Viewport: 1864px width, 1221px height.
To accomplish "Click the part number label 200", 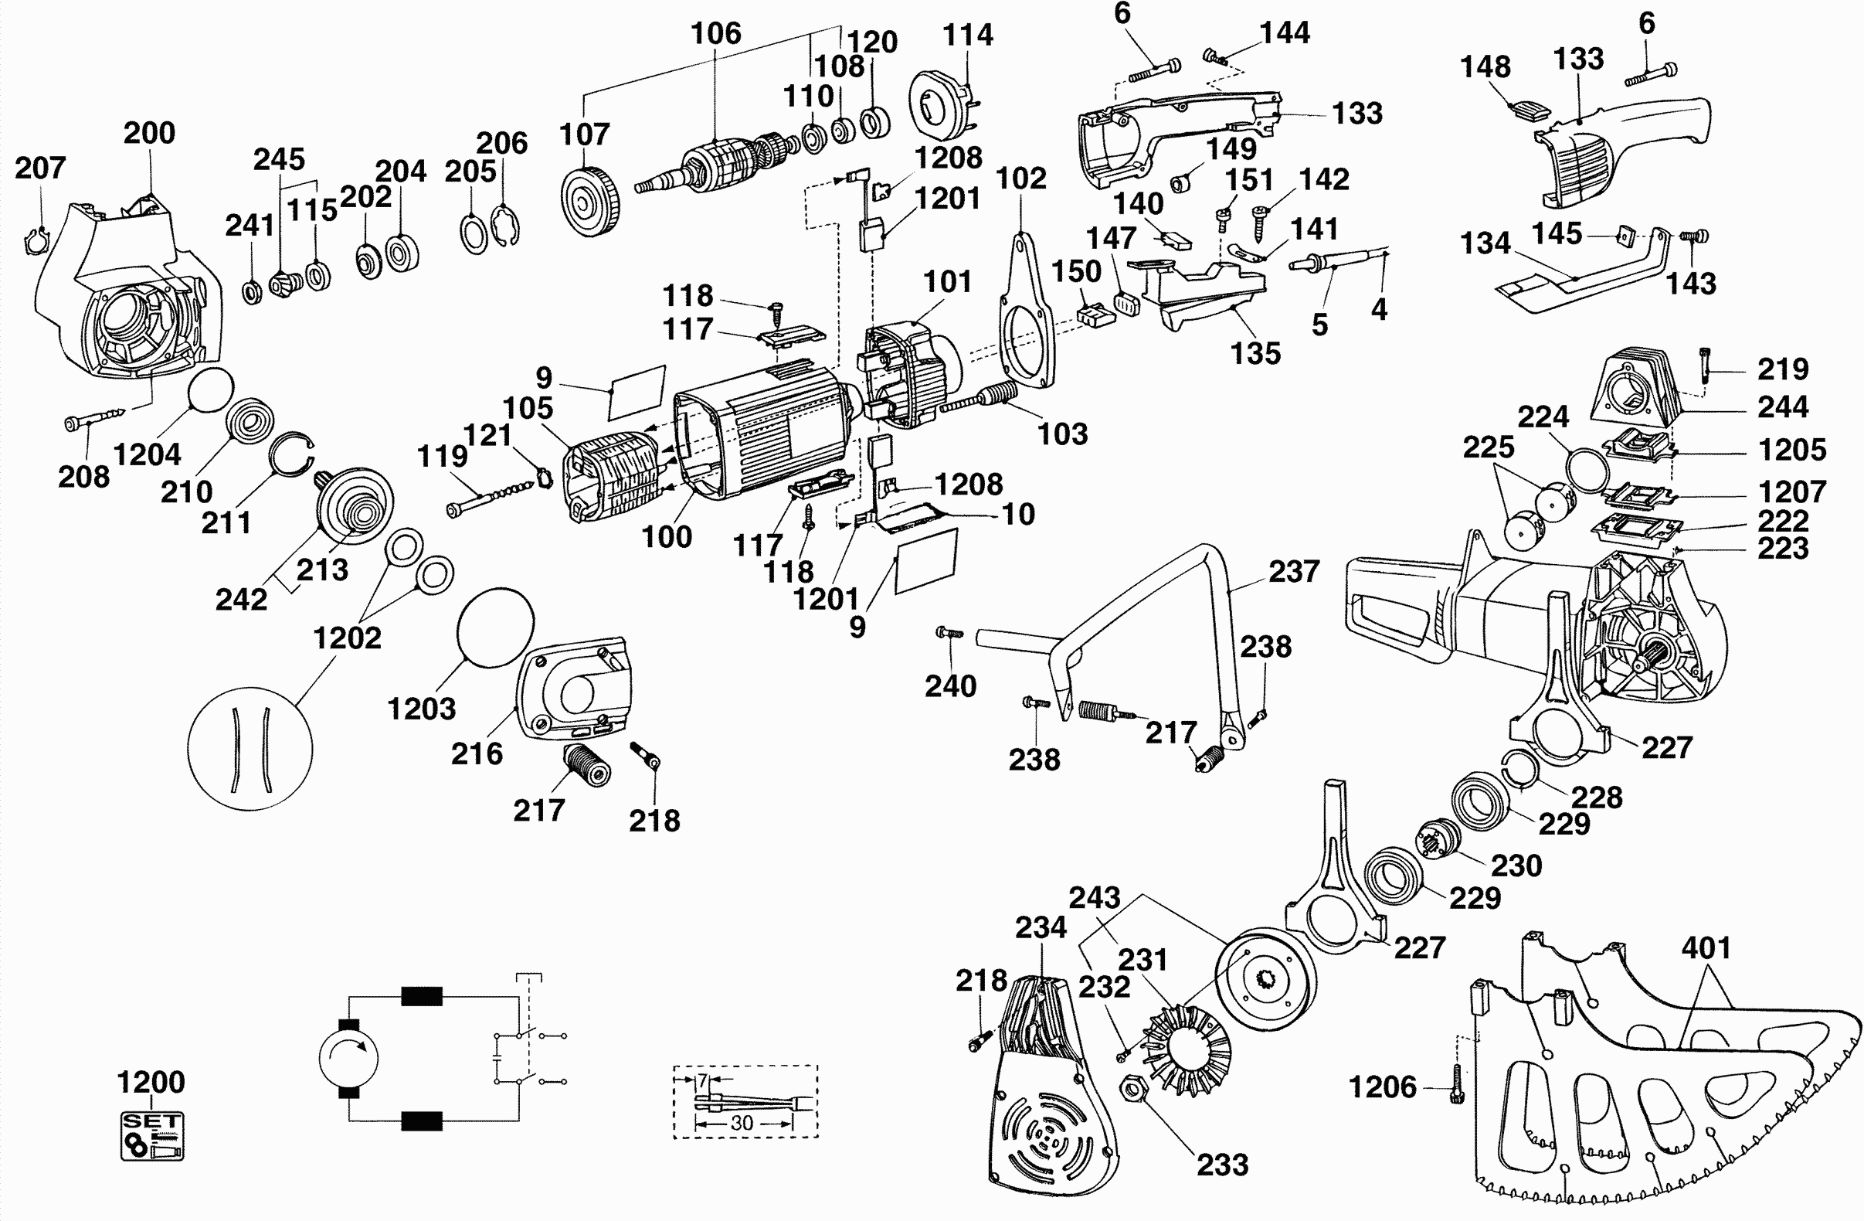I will (149, 133).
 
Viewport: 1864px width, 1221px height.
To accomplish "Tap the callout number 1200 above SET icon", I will (151, 1083).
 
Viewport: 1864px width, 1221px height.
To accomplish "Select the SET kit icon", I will (152, 1135).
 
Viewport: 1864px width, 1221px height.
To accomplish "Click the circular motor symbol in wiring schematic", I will (348, 1058).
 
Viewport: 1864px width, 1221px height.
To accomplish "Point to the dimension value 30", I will (741, 1123).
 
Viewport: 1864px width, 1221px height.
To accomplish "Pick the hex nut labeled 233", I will (1132, 1090).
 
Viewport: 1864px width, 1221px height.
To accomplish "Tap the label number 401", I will (1706, 948).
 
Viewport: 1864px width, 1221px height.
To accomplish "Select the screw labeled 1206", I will (1457, 1086).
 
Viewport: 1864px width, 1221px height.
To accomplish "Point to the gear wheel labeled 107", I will (590, 202).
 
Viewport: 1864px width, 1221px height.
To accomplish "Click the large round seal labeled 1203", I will (495, 627).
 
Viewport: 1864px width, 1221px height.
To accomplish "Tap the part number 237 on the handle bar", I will (1294, 571).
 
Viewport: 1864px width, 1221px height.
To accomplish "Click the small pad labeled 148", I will (1527, 111).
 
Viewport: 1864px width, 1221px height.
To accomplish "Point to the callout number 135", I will (1255, 353).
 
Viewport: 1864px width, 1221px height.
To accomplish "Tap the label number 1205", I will (1792, 450).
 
